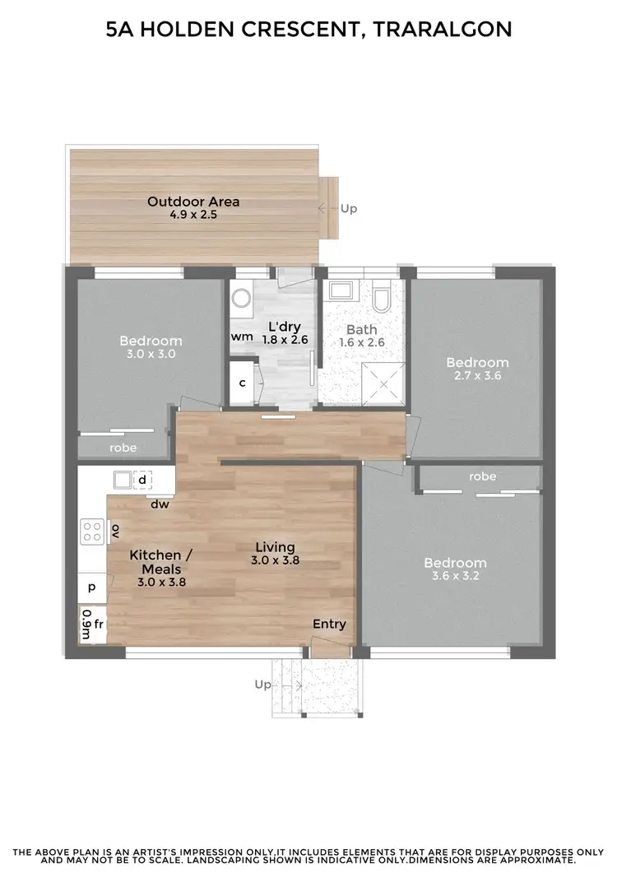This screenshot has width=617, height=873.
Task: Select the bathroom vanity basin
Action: click(340, 291)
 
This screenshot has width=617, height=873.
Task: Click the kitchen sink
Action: click(123, 479)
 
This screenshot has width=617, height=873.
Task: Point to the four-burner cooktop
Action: click(92, 531)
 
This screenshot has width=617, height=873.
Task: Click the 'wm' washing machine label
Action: click(241, 336)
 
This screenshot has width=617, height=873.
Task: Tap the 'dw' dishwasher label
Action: click(160, 504)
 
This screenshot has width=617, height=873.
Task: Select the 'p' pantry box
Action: click(91, 587)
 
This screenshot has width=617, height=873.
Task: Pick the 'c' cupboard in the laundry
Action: click(242, 383)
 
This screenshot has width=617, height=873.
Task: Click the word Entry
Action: click(329, 624)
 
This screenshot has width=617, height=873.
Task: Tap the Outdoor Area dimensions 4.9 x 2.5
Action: click(193, 215)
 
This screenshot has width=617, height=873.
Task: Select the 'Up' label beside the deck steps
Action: click(349, 208)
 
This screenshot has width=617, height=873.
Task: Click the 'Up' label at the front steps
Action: click(262, 684)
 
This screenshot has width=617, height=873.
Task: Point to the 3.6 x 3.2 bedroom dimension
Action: click(455, 577)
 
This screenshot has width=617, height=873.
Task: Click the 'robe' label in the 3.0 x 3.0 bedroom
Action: click(123, 448)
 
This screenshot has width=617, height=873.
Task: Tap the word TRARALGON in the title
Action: click(442, 30)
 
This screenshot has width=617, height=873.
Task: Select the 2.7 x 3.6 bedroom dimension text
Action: click(477, 376)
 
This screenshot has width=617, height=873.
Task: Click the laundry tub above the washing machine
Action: click(240, 297)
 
